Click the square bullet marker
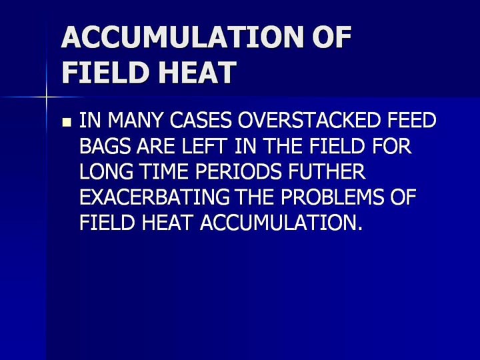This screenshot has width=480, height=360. [x=67, y=123]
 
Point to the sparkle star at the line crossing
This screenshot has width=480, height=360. [x=46, y=97]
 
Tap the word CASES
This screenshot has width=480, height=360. [x=201, y=120]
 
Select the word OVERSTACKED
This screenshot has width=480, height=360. [x=309, y=120]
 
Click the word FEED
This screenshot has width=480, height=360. [x=411, y=120]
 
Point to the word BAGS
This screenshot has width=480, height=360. [x=105, y=146]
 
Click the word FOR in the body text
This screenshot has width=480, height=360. [x=391, y=146]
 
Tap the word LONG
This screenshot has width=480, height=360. [x=107, y=171]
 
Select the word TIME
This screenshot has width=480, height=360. [x=165, y=171]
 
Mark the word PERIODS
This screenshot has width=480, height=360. [x=238, y=171]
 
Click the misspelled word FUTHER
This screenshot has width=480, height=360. [x=327, y=171]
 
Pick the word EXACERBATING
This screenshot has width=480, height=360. [x=155, y=197]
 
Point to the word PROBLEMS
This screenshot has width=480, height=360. [x=332, y=197]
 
